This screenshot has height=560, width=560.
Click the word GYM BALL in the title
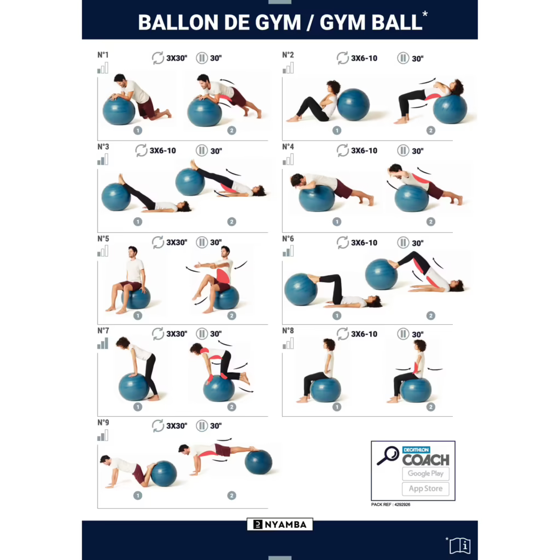point(370,22)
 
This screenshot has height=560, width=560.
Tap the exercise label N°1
point(103,55)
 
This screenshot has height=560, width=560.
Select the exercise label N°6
point(288,238)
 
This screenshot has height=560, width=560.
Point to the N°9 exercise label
point(103,422)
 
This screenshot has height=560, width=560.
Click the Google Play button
point(425,474)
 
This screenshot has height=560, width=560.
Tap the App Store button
point(425,489)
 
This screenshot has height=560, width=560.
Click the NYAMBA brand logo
point(280,524)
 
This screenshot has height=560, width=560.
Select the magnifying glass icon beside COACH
point(388,456)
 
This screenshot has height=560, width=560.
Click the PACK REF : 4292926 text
point(390,504)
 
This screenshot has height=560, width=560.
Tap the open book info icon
point(459,545)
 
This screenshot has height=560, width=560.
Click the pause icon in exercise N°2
point(403,59)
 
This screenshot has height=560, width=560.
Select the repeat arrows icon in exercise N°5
point(158,242)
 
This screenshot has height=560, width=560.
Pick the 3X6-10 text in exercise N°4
point(364,150)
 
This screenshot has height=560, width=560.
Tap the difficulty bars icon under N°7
point(103,343)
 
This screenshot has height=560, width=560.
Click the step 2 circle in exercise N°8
point(431,407)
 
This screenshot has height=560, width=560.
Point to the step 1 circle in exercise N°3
point(138,221)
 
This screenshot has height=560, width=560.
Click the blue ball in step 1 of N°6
point(300,289)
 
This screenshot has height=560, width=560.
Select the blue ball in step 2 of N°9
point(258,462)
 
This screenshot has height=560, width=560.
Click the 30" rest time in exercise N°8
point(418,334)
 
